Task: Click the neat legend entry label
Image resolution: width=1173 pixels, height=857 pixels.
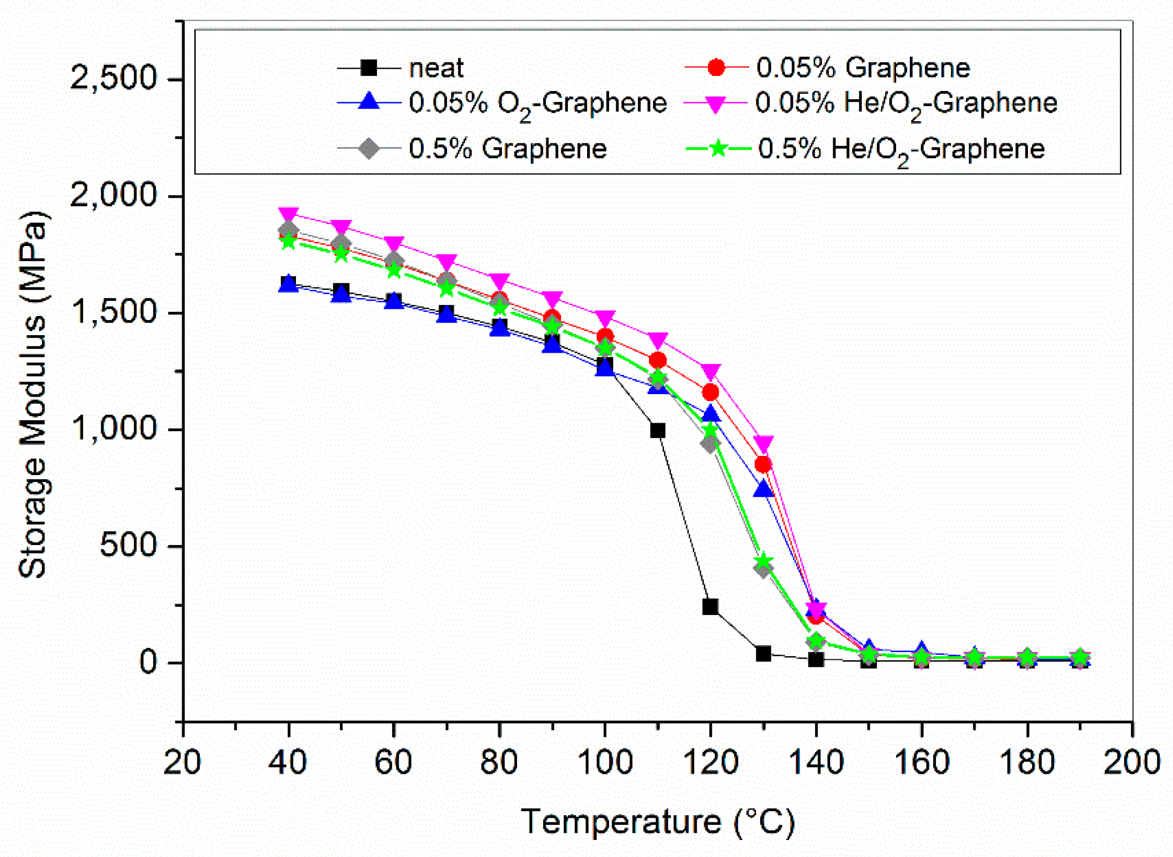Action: (x=435, y=68)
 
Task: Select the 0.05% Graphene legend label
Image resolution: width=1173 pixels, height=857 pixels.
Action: (x=862, y=68)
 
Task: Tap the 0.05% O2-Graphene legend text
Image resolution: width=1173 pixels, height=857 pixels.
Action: (x=537, y=103)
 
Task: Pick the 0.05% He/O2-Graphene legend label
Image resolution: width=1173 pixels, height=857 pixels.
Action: (x=906, y=103)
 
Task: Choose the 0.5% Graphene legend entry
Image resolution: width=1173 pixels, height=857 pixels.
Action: (x=507, y=149)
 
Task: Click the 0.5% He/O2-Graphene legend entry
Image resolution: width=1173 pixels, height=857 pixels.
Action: (x=901, y=149)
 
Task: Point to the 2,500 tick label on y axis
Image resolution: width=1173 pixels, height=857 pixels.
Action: (x=113, y=80)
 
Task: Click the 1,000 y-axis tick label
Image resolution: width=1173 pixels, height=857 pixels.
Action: (x=113, y=429)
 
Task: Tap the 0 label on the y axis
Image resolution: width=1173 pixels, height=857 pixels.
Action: (x=148, y=662)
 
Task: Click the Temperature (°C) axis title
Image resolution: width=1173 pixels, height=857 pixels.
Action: (x=657, y=822)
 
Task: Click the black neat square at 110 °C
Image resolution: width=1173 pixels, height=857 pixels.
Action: (x=657, y=430)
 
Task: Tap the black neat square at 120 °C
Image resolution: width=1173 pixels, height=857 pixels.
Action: (x=710, y=606)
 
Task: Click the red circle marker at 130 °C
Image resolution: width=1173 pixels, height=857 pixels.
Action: (x=763, y=464)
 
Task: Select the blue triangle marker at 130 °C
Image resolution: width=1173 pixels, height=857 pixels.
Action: (x=763, y=488)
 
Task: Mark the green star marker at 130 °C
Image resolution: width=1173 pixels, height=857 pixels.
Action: (x=763, y=561)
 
